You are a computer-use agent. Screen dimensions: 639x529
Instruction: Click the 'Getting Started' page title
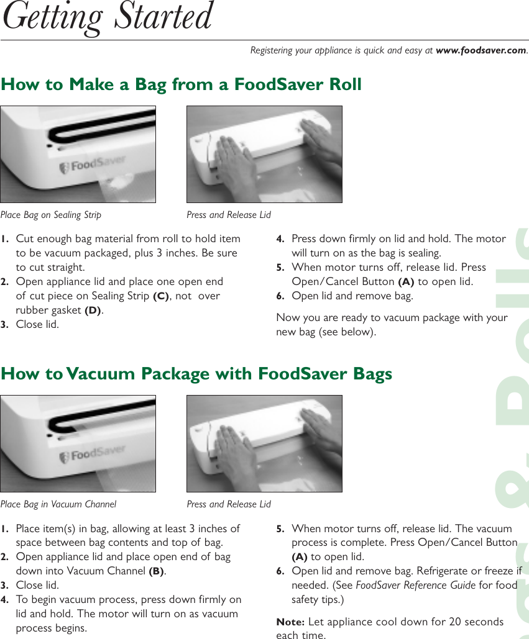click(108, 17)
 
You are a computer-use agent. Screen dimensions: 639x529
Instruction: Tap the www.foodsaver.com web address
click(481, 50)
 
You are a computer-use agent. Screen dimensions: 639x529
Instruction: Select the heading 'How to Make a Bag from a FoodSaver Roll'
click(181, 84)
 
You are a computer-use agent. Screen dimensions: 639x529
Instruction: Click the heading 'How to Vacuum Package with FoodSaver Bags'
click(196, 374)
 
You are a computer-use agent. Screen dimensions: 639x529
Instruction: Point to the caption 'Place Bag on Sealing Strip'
click(51, 215)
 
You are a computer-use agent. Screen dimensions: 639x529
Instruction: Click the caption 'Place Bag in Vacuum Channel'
click(58, 504)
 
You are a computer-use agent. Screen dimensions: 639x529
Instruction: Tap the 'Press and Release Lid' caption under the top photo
click(229, 215)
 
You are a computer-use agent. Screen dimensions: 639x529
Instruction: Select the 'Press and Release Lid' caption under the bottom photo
click(229, 504)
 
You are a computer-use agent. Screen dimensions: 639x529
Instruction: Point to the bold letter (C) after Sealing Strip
click(160, 296)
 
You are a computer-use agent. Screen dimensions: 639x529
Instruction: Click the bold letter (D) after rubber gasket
click(93, 310)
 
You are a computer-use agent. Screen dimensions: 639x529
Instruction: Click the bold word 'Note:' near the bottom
click(290, 622)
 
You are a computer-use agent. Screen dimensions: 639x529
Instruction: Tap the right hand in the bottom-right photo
click(320, 428)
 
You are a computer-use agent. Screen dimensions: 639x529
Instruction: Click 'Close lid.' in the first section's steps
click(37, 325)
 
